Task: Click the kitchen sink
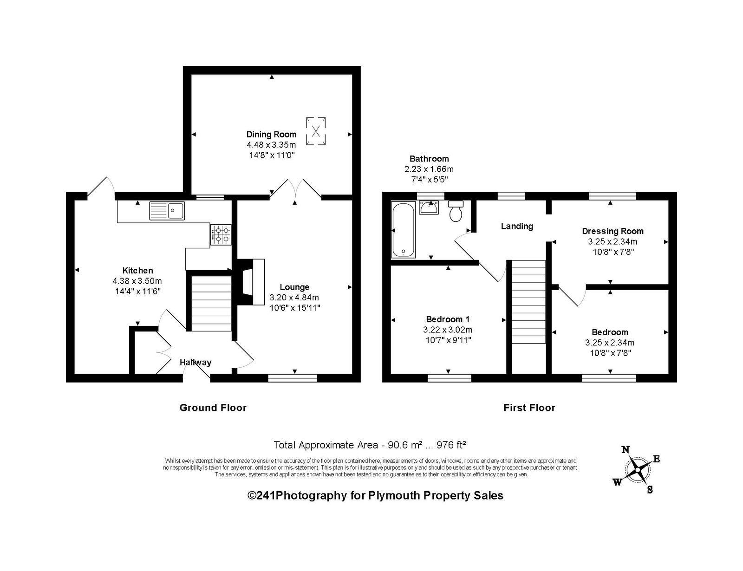click(x=167, y=210)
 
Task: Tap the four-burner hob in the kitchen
click(x=221, y=234)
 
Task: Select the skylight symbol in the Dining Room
click(x=316, y=131)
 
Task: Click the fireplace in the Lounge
click(x=251, y=282)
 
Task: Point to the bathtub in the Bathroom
click(x=404, y=229)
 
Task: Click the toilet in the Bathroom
click(x=456, y=211)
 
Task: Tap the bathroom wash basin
click(x=429, y=208)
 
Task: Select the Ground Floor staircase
click(x=211, y=304)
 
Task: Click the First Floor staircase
click(x=528, y=302)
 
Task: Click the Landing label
click(x=517, y=226)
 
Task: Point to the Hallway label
click(x=196, y=362)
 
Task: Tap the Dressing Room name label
click(x=613, y=231)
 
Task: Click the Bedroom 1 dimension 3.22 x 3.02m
click(x=448, y=330)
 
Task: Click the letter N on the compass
click(x=626, y=450)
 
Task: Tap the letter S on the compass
click(x=650, y=490)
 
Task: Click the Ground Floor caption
click(x=213, y=408)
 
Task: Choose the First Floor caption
click(x=529, y=408)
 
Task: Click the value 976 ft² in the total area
click(x=451, y=445)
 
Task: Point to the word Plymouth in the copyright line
click(x=394, y=495)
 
